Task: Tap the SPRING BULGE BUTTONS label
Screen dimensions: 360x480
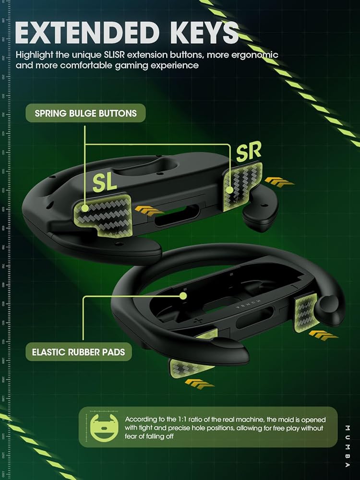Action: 85,114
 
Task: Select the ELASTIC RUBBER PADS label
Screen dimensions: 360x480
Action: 78,352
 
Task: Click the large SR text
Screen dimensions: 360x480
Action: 249,152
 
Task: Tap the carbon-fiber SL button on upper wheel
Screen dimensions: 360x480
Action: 102,211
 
